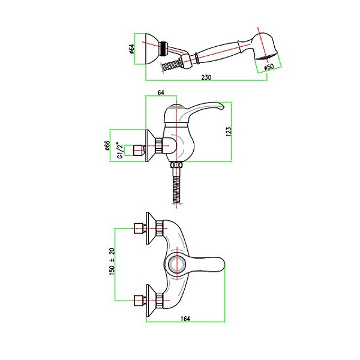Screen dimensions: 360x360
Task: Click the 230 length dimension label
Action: pos(206,77)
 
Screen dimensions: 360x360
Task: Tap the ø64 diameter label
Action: pos(131,49)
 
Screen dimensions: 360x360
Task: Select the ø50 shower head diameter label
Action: pos(269,67)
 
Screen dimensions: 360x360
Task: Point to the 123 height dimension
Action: pos(229,132)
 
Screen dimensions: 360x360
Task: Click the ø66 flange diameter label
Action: pos(107,146)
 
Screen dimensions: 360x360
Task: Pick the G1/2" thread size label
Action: pos(120,151)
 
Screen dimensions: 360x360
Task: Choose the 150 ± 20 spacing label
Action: pos(112,262)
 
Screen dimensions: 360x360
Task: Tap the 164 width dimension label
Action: pos(185,319)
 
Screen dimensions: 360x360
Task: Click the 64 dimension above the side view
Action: pos(161,92)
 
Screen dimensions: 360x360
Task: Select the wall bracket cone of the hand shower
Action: pos(152,49)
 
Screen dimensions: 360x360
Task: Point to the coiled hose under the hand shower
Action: pos(172,65)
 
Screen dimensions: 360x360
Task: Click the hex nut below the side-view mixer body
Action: pos(176,165)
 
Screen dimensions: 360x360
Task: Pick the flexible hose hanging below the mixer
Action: pos(176,186)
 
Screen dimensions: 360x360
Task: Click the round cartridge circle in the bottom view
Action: pos(176,264)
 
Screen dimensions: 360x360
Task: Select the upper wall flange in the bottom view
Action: pos(151,228)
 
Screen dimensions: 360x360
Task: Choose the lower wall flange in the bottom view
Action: pos(151,301)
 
